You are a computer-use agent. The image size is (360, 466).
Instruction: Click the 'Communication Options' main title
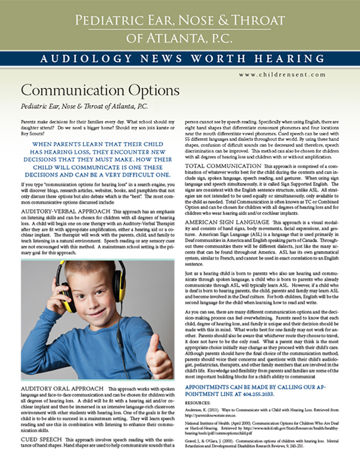coord(100,90)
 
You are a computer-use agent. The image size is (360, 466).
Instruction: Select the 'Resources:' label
coord(198,402)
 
